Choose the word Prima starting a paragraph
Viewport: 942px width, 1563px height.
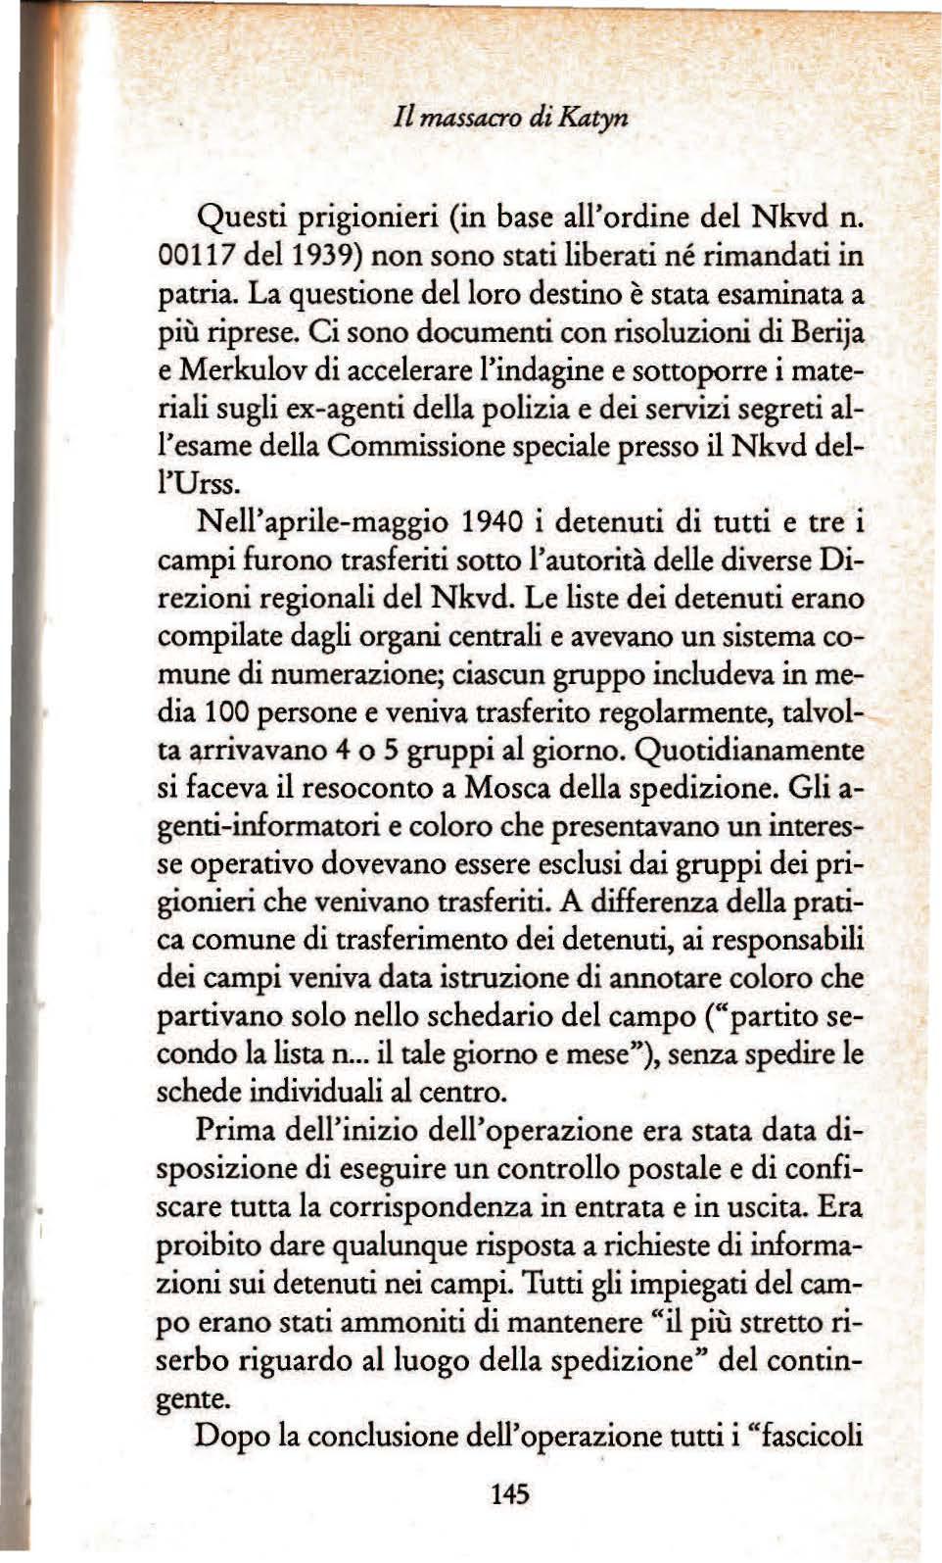235,1131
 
